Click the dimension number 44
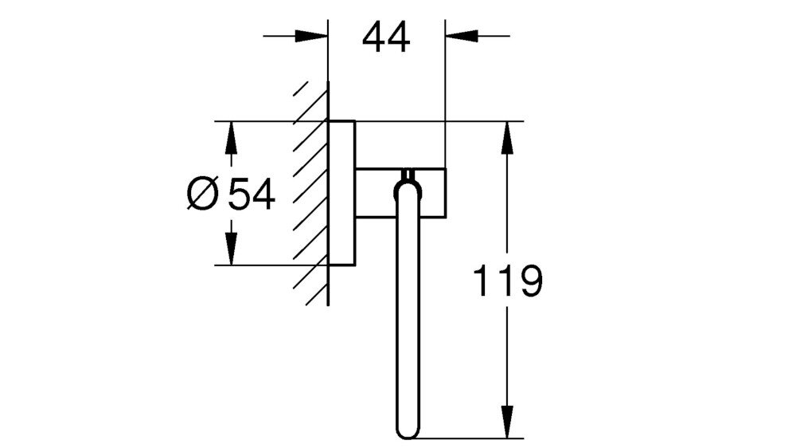pos(386,38)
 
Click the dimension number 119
pos(508,281)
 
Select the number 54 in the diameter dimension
pos(252,194)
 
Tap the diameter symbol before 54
pos(202,194)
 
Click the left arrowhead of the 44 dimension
pos(311,36)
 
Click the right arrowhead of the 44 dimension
pos(462,36)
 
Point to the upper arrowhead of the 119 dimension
pos(506,138)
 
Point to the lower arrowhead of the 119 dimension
pos(506,421)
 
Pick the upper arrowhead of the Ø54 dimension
pos(231,138)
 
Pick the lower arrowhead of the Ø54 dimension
pos(231,249)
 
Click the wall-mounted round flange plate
pos(341,193)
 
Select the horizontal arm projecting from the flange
pos(401,192)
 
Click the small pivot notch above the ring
pos(408,175)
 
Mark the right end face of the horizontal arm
pos(446,192)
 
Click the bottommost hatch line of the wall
pos(316,295)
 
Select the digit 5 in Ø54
pos(239,194)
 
